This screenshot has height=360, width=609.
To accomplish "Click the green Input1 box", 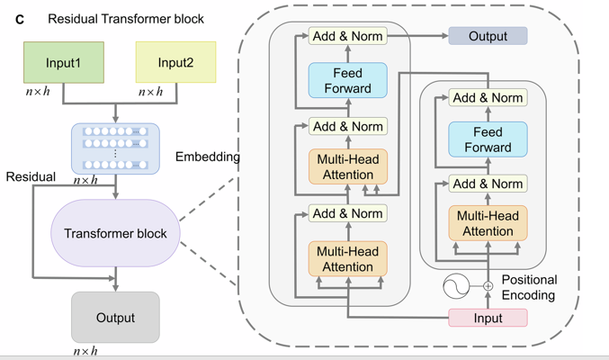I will tap(64, 63).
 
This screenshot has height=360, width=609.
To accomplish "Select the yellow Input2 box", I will tap(175, 63).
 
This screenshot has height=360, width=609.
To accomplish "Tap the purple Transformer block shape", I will tap(115, 233).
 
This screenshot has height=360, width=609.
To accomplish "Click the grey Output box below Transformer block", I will tap(115, 317).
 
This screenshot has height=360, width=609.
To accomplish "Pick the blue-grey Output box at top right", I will tap(488, 37).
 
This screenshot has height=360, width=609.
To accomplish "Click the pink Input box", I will tap(488, 318).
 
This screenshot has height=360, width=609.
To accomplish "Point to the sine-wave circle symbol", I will tap(456, 287).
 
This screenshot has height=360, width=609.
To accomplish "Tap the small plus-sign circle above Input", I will tap(488, 286).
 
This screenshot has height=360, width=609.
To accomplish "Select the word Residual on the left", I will tap(31, 177).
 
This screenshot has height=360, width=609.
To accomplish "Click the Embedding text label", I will tap(208, 157).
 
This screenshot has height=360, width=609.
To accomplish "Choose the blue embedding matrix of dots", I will tap(115, 148).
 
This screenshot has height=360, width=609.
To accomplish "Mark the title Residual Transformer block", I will tap(126, 19).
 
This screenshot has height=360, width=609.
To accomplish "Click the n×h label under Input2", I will tap(151, 92).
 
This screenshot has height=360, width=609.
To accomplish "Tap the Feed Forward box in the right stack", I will tap(488, 140).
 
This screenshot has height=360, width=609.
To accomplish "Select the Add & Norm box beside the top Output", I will tap(347, 37).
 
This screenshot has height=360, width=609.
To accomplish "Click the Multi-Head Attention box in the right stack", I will tap(488, 223).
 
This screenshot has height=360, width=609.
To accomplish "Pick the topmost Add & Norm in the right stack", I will tap(488, 97).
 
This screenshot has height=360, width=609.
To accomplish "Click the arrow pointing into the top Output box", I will tap(419, 37).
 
